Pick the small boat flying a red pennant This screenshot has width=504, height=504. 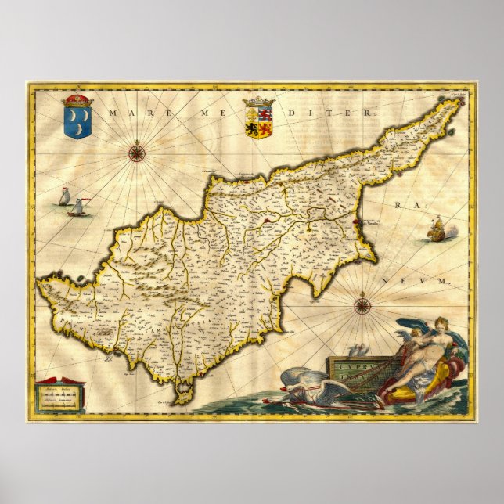(78, 207)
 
